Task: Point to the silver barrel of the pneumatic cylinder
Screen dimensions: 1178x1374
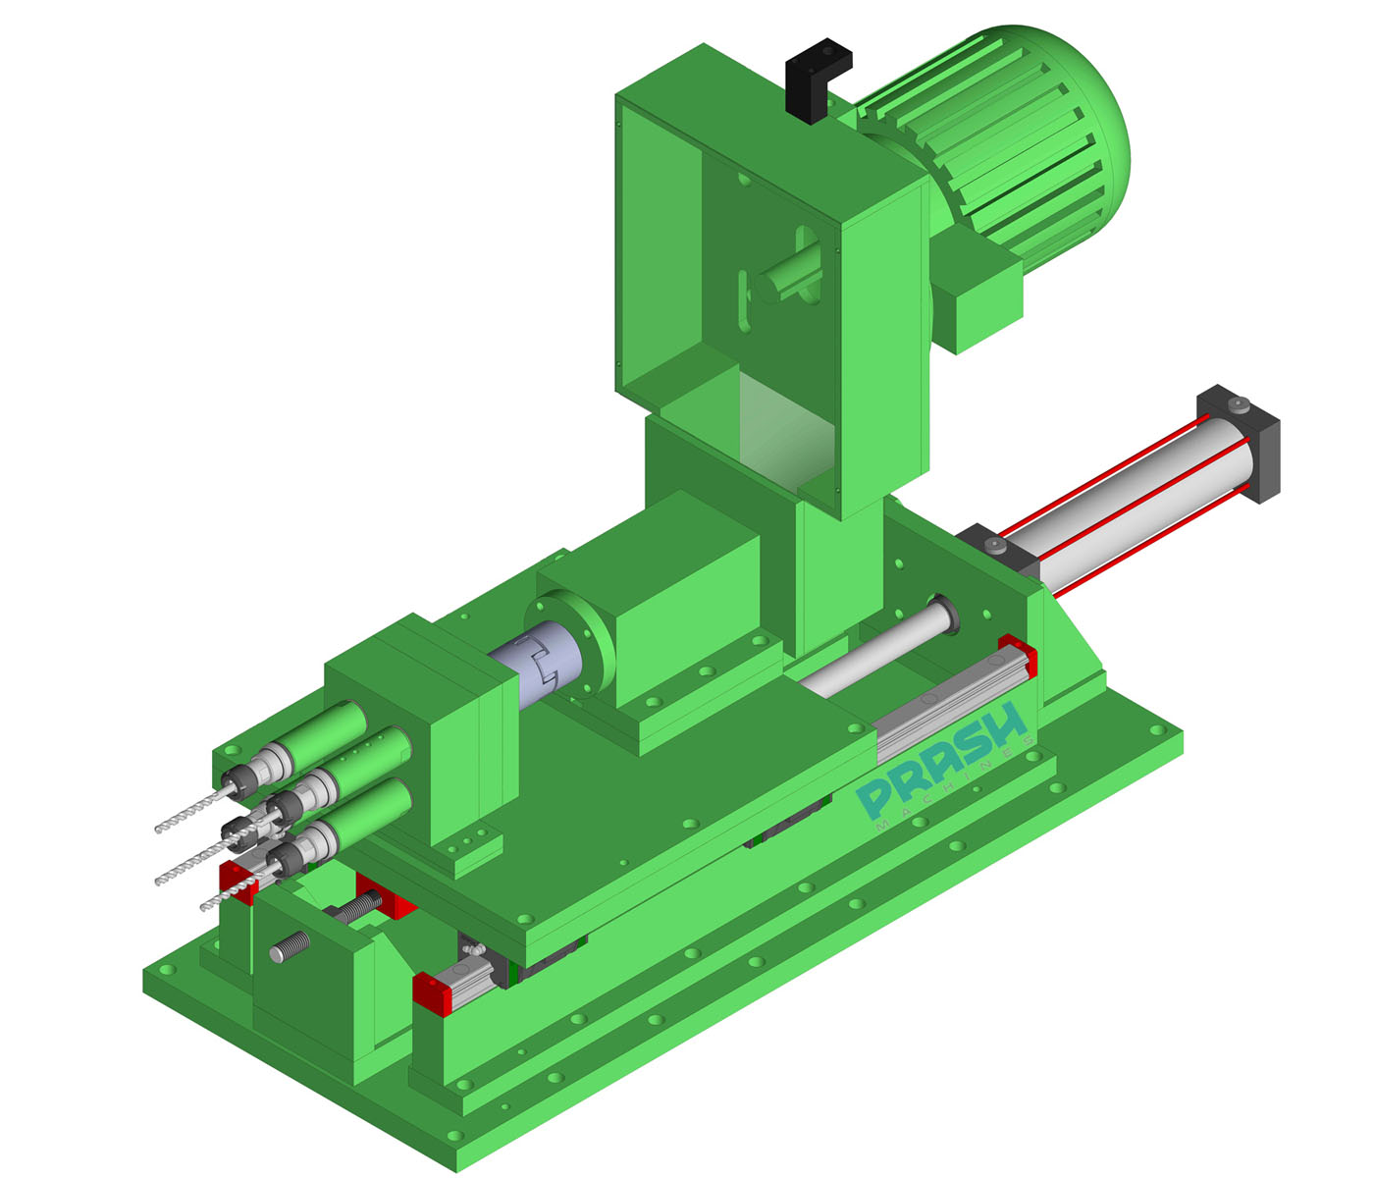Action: (x=1129, y=501)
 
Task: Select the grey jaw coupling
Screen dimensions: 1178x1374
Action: (x=535, y=668)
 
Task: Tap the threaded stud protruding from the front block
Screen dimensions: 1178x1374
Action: (x=289, y=947)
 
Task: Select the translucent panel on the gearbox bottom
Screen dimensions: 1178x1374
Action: (x=785, y=432)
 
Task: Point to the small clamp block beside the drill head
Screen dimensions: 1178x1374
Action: (x=476, y=849)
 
